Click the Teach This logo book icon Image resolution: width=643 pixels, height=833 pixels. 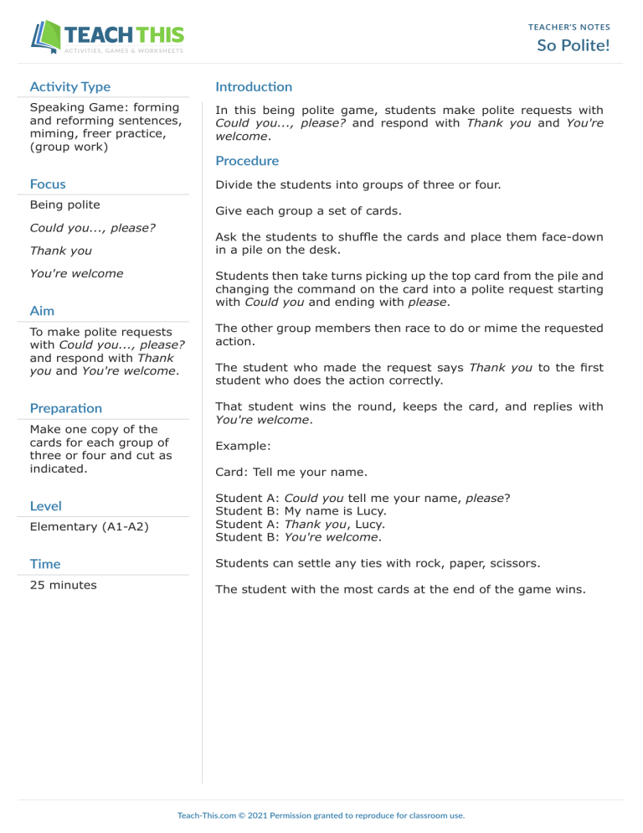pyautogui.click(x=47, y=37)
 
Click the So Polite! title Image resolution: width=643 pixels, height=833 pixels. pyautogui.click(x=574, y=44)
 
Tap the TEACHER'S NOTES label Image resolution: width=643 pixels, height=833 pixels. pyautogui.click(x=569, y=27)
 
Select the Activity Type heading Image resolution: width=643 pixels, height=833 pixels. pyautogui.click(x=69, y=86)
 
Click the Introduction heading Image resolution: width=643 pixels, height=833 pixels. pyautogui.click(x=254, y=86)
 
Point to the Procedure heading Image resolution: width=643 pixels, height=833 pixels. pyautogui.click(x=247, y=160)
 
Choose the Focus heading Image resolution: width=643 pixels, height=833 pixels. pyautogui.click(x=48, y=184)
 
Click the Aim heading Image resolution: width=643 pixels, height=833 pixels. pyautogui.click(x=43, y=310)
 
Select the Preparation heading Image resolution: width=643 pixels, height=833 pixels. pyautogui.click(x=66, y=408)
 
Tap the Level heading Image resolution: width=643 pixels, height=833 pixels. pyautogui.click(x=45, y=505)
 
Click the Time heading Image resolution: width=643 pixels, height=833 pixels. pyautogui.click(x=45, y=564)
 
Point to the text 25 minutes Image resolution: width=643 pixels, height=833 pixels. pyautogui.click(x=63, y=585)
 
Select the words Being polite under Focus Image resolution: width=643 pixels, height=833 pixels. pyautogui.click(x=64, y=204)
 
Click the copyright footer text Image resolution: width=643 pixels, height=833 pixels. pyautogui.click(x=321, y=815)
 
